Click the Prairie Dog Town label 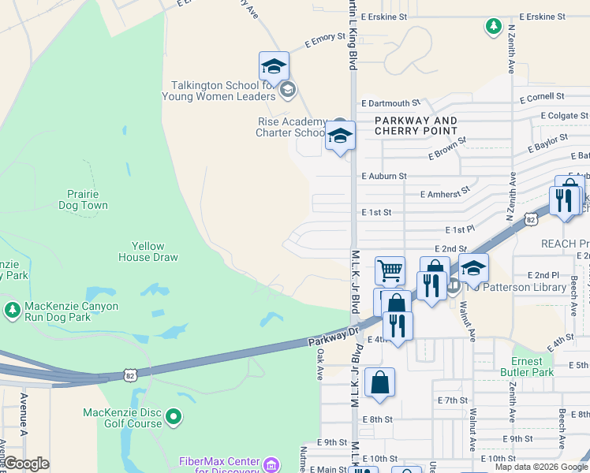[83, 199]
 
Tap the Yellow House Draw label [148, 251]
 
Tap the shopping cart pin [390, 271]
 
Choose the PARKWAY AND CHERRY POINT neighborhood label [416, 125]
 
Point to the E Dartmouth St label [390, 103]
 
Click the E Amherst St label [445, 191]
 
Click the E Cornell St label [541, 97]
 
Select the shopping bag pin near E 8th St [379, 383]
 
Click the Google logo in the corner [26, 464]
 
